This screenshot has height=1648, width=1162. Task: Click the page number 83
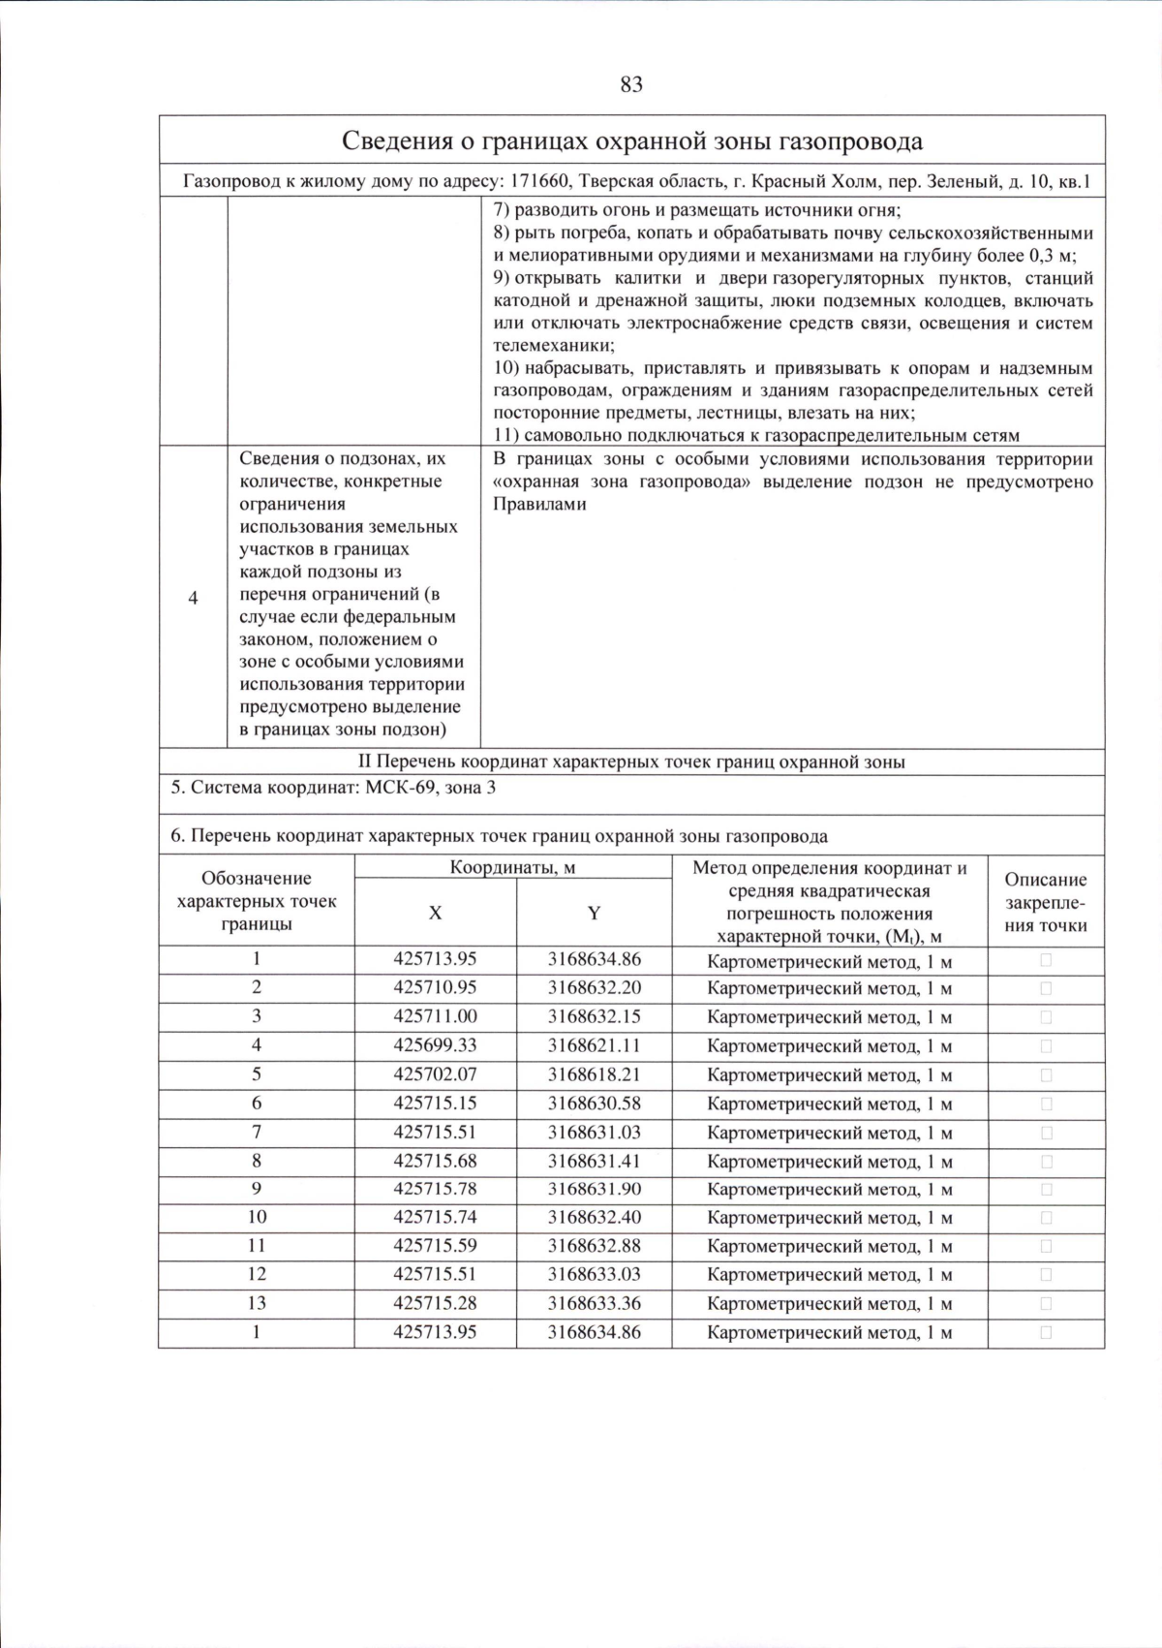pos(630,85)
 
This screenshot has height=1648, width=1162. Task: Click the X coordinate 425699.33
pos(435,1045)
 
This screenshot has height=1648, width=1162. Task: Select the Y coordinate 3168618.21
pos(594,1074)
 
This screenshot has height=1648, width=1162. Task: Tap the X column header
pos(435,913)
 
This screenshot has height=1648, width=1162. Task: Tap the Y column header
pos(594,913)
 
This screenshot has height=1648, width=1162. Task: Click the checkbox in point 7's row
pos(1046,1133)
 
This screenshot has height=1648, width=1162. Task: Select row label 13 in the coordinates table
pos(256,1303)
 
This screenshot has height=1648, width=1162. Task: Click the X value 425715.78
pos(435,1189)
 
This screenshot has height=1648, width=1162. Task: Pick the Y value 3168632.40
pos(594,1218)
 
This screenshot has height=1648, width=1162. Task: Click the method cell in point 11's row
pos(829,1247)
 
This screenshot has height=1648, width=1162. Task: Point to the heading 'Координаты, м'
pos(512,867)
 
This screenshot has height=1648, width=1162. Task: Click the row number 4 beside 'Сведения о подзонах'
pos(193,598)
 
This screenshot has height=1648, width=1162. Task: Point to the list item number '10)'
pos(505,368)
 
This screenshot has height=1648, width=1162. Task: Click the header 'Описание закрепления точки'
pos(1045,902)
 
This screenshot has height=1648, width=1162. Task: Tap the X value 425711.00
pos(435,1016)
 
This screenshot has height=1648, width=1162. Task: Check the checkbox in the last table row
pos(1046,1332)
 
